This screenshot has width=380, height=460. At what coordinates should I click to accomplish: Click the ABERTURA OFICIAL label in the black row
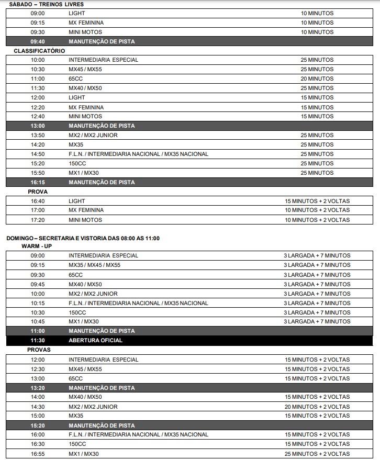[95, 341]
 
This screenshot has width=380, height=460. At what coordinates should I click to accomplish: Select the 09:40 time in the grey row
[38, 41]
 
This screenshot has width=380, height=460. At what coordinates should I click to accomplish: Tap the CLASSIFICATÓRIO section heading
[39, 51]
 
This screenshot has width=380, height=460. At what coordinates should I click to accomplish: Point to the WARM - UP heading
[37, 246]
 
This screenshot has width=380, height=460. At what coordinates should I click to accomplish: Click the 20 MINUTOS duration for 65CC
[317, 78]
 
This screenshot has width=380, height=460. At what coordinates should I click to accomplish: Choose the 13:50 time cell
[38, 135]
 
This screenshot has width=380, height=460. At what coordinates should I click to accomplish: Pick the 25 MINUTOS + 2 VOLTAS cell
[317, 454]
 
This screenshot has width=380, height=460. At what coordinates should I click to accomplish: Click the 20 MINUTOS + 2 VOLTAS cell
[317, 407]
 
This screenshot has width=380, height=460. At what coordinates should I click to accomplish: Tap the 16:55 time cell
[38, 454]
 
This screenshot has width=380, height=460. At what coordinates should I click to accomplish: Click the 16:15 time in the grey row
[38, 182]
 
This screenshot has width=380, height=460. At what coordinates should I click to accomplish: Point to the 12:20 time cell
[38, 107]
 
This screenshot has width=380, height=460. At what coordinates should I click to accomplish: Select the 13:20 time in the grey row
[38, 388]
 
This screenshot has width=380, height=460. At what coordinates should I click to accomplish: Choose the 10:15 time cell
[38, 303]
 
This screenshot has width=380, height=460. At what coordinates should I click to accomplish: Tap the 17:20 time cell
[38, 220]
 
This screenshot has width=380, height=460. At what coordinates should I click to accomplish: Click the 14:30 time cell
[38, 407]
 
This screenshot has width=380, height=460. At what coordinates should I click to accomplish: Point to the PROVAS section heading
[39, 350]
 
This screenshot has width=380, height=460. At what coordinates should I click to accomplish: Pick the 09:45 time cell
[38, 284]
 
